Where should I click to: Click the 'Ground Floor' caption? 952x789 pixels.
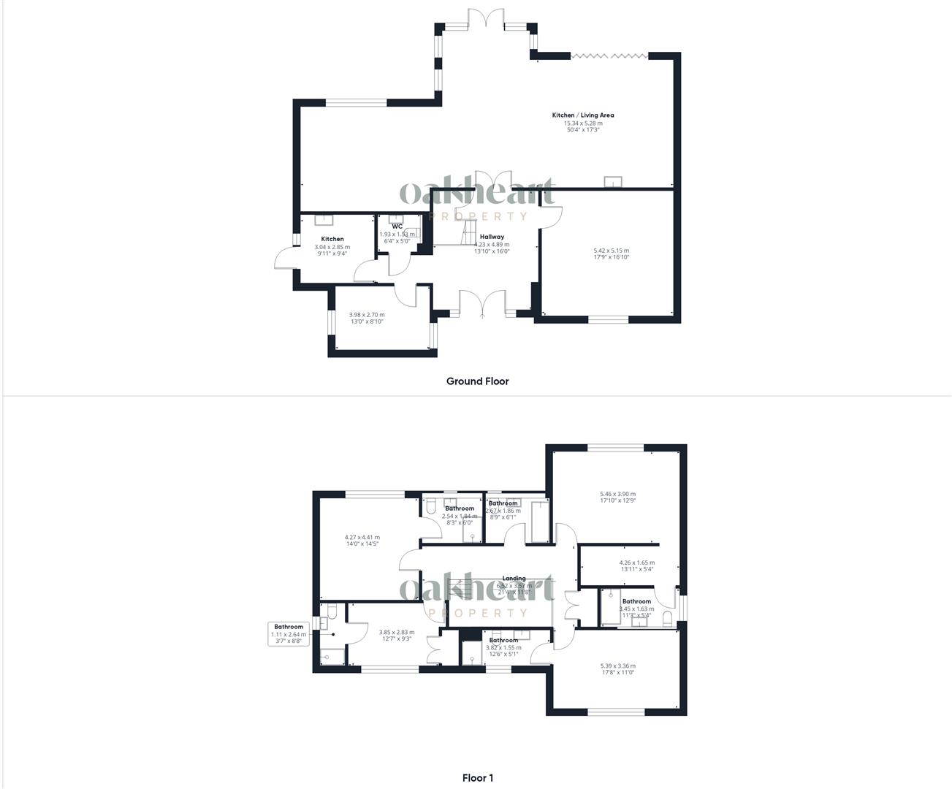477,381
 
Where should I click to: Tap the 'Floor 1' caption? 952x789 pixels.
477,778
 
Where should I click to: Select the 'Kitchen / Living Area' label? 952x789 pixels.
582,115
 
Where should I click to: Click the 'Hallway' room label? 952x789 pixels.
492,237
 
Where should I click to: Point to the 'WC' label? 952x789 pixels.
397,226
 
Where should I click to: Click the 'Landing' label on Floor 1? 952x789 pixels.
514,579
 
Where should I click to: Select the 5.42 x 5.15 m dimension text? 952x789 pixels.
612,251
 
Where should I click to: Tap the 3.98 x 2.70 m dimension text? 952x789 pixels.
366,315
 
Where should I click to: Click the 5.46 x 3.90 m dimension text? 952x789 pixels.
617,494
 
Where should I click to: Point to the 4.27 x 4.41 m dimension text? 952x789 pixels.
362,538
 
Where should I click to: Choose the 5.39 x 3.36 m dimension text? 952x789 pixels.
617,666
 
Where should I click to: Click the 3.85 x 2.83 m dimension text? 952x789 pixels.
396,633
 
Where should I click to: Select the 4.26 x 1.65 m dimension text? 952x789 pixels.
636,563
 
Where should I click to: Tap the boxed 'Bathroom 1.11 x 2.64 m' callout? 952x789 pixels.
289,634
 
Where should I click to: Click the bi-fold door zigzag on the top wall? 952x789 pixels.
609,55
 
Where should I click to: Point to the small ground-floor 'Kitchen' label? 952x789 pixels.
332,239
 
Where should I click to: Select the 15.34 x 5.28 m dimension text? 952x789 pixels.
582,123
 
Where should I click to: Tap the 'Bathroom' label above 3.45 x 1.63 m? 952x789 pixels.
636,601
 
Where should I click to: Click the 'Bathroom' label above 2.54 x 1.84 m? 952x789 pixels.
460,508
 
